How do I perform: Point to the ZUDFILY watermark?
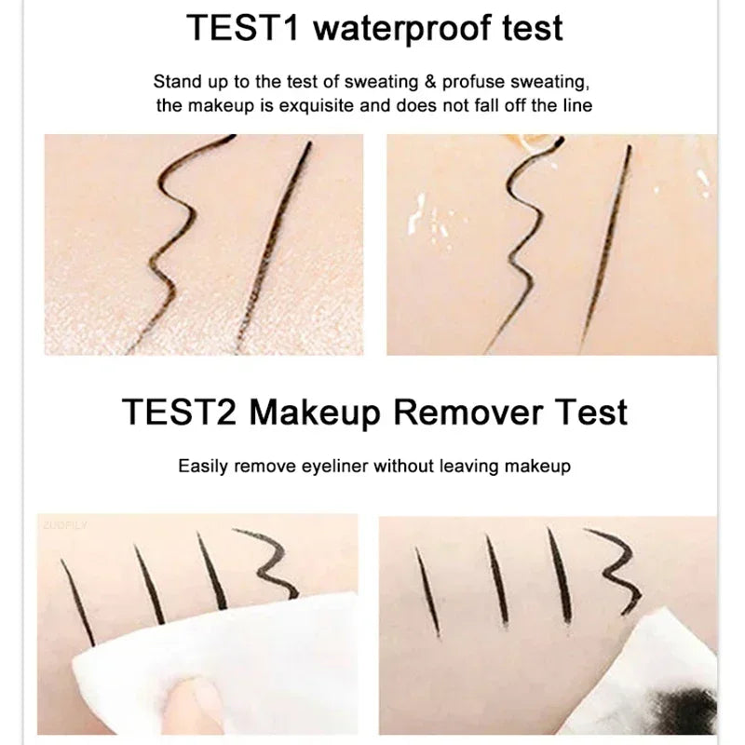[62, 525]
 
